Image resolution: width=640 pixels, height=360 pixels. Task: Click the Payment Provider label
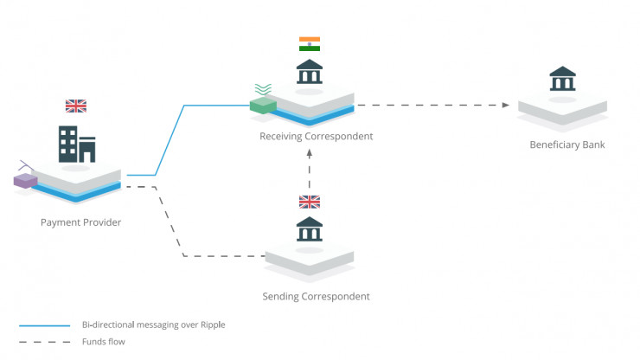coord(80,222)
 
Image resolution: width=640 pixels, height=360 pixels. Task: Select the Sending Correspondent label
coord(316,296)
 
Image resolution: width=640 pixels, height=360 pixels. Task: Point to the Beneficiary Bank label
coord(566,145)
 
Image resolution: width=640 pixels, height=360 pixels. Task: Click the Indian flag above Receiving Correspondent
coord(309,44)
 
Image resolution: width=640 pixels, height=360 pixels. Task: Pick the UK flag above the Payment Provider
coord(76,106)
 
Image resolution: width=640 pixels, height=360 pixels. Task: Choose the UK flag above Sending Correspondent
coord(309,202)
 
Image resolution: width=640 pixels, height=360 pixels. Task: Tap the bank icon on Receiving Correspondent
coord(309,72)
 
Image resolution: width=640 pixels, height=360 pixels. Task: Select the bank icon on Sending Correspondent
coord(309,229)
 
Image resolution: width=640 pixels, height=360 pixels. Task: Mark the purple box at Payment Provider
coord(24,181)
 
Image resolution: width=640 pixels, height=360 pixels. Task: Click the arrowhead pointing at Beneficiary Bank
coord(505,106)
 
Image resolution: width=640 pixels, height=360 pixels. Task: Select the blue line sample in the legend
coord(45,325)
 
